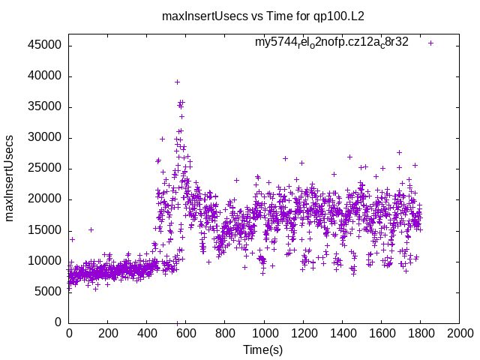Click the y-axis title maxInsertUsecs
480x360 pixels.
(x=10, y=178)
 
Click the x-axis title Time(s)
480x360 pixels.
(x=262, y=350)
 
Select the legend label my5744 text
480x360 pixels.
(x=331, y=42)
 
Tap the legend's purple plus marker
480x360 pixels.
(x=430, y=43)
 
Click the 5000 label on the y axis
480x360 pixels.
(x=49, y=292)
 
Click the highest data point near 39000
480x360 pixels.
(x=177, y=82)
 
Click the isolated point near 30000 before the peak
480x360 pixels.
(x=162, y=139)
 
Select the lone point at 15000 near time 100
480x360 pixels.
(x=91, y=229)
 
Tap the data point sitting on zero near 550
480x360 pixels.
(x=177, y=322)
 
